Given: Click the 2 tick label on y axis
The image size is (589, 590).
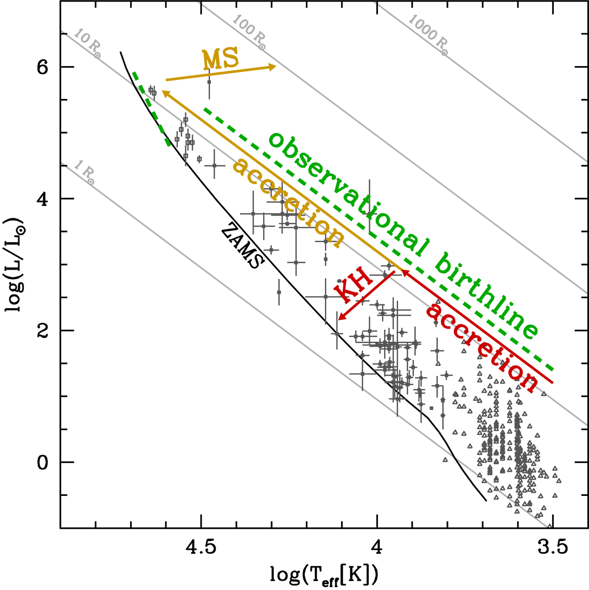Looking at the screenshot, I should click(43, 331).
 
